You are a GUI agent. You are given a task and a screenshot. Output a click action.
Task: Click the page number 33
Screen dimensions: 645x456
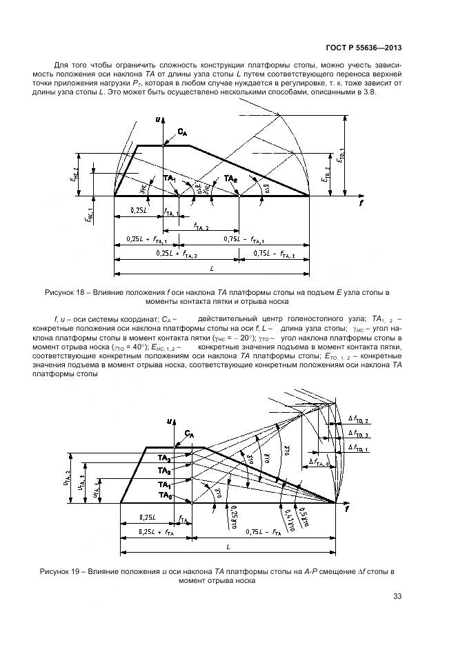pos(396,597)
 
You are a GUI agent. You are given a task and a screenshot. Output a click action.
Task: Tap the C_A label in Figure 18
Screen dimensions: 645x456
pos(181,132)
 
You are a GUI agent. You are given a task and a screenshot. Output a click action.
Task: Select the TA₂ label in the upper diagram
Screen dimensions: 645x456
pos(230,178)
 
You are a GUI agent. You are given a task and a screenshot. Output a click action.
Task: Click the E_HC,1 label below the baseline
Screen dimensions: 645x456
pos(88,216)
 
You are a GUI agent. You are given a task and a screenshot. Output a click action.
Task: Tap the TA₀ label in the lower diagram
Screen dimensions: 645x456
pos(165,495)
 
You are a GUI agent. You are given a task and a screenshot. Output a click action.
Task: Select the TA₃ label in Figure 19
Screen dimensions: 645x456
pos(165,471)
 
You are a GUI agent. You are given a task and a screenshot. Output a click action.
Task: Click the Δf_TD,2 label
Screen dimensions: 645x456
pos(359,420)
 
